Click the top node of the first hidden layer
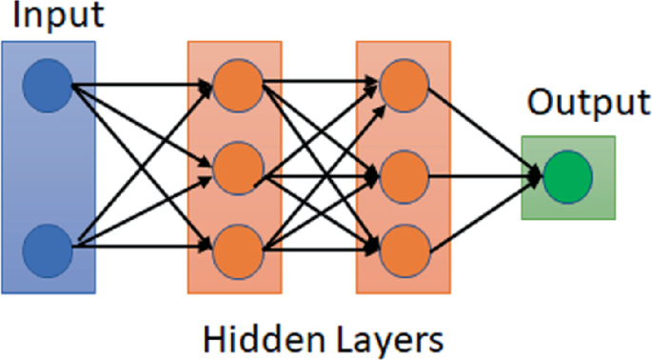point(235,86)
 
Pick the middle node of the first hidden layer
point(235,170)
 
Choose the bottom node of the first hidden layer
point(235,250)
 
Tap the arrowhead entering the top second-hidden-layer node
point(373,86)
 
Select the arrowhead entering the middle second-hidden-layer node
point(373,175)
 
